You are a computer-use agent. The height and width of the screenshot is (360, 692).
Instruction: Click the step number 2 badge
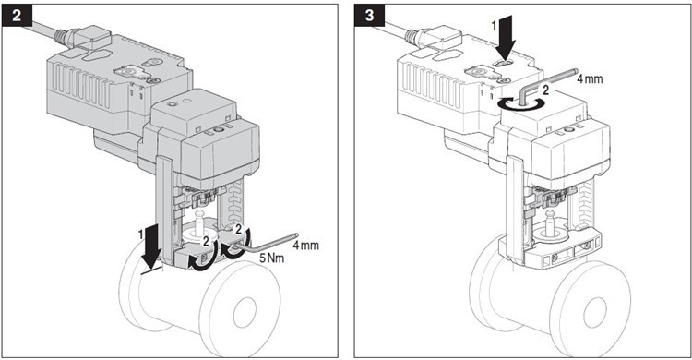tap(17, 15)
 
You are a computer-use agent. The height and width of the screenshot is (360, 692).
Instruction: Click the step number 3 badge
tap(369, 15)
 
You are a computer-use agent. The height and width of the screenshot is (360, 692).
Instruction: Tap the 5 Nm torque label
tap(271, 258)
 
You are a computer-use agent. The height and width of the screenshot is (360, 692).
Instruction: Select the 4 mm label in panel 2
tap(305, 246)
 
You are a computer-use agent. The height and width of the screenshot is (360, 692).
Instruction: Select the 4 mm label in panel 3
tap(590, 79)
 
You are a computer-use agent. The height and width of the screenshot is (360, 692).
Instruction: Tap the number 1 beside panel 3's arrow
tap(495, 26)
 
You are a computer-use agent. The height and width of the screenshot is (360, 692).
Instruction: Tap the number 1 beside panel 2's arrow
tap(141, 235)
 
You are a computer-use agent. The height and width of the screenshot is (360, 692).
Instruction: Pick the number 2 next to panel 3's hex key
tap(546, 90)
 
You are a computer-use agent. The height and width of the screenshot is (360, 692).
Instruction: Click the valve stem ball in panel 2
tap(200, 216)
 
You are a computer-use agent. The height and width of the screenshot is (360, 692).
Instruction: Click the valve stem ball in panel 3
tap(550, 217)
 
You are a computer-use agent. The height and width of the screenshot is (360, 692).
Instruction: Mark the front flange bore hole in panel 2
tap(245, 312)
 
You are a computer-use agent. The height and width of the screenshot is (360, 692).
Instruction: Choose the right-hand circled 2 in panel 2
tap(238, 229)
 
